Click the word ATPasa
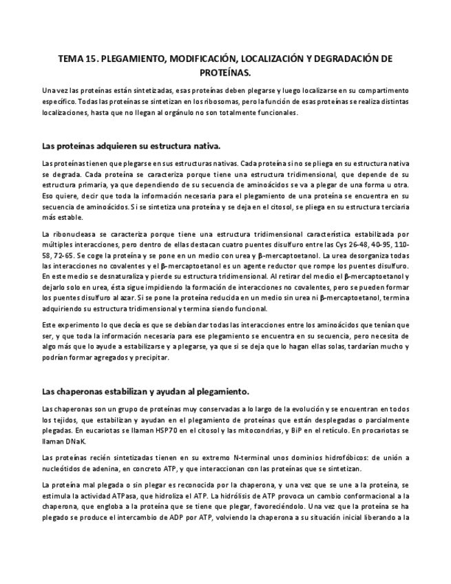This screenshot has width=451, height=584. (x=171, y=494)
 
